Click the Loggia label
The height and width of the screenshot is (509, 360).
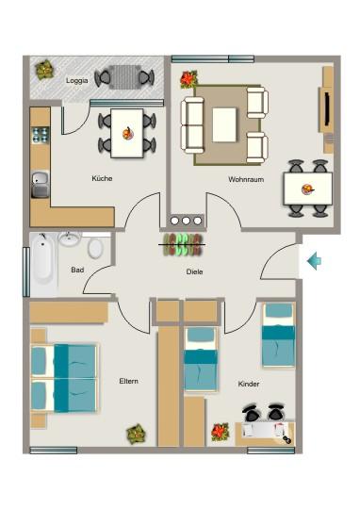pyautogui.click(x=77, y=80)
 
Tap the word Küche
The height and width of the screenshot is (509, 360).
pyautogui.click(x=102, y=178)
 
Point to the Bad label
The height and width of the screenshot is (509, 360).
pyautogui.click(x=77, y=270)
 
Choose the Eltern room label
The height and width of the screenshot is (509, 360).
pyautogui.click(x=129, y=381)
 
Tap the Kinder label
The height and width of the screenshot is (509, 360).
pyautogui.click(x=249, y=385)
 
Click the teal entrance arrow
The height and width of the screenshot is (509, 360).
pyautogui.click(x=315, y=260)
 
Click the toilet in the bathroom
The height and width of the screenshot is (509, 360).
pyautogui.click(x=95, y=249)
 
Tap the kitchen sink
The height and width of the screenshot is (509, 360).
pyautogui.click(x=41, y=183)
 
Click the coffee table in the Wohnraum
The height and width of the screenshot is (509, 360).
pyautogui.click(x=224, y=123)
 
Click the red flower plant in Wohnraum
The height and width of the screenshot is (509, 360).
pyautogui.click(x=188, y=79)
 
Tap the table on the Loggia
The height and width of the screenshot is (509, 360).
pyautogui.click(x=123, y=77)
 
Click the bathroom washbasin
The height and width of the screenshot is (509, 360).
pyautogui.click(x=69, y=239)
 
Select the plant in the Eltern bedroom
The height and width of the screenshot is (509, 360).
pyautogui.click(x=137, y=435)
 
